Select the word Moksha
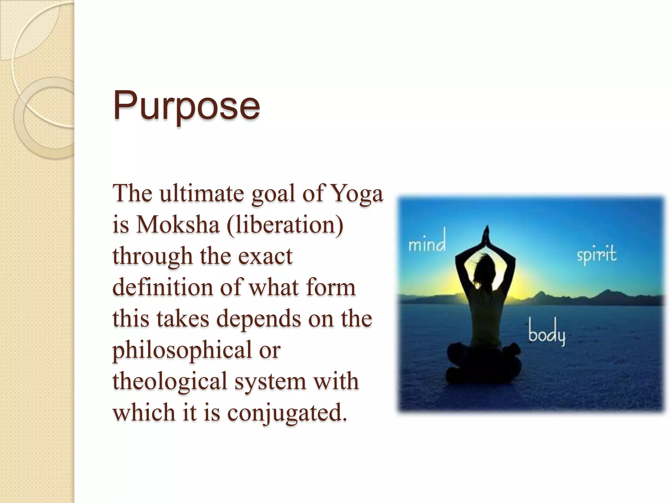click(178, 225)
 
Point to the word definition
click(163, 288)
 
